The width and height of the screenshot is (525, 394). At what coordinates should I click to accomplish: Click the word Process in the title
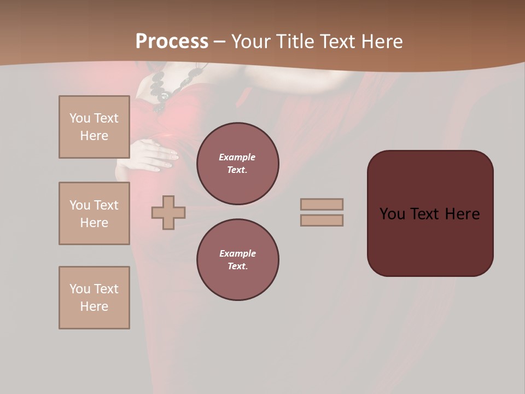click(172, 42)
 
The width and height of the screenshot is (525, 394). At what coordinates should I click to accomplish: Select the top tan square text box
click(94, 127)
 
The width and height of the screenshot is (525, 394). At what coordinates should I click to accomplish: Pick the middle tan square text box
click(94, 213)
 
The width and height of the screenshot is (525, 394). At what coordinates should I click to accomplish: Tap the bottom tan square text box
click(94, 298)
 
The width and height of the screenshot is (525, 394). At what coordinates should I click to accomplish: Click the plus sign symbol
click(168, 212)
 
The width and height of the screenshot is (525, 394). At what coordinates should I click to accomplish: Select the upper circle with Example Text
click(237, 164)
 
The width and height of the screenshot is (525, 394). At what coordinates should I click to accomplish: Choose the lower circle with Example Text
click(237, 260)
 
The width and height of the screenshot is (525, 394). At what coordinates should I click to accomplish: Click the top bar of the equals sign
click(322, 204)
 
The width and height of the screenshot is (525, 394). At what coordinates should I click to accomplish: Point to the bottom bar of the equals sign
click(322, 220)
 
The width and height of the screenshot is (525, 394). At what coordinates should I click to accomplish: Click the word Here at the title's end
click(381, 42)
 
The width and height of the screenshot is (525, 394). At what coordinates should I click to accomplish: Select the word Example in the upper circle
click(237, 157)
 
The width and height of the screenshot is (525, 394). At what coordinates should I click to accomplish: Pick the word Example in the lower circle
click(237, 253)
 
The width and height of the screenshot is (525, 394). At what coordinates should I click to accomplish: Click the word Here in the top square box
click(94, 136)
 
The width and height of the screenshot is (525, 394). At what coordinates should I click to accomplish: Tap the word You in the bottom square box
click(80, 289)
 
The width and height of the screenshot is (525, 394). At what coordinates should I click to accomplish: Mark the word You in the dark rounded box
click(392, 214)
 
